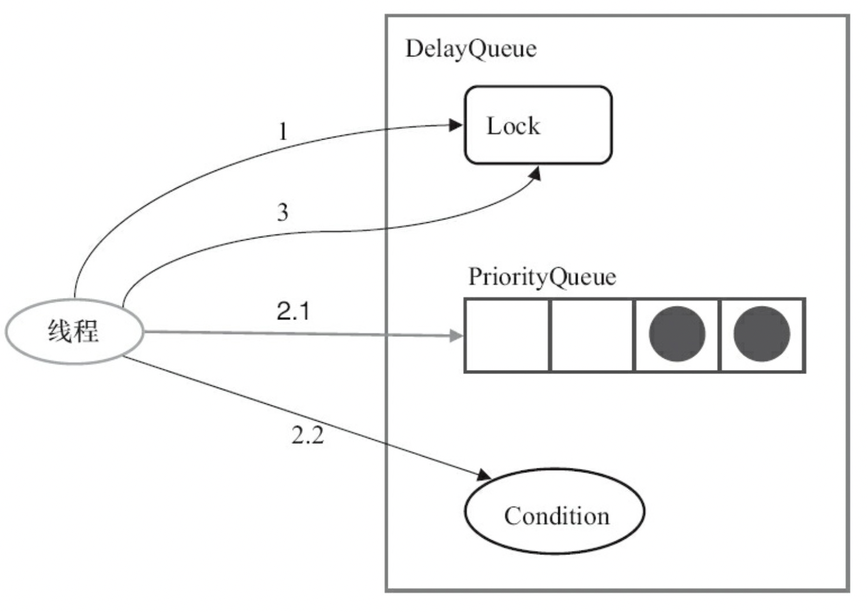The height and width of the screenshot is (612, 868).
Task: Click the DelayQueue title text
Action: point(471,50)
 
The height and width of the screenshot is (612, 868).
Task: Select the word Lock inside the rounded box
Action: point(513,126)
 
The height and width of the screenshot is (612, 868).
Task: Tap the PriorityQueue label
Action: point(542,277)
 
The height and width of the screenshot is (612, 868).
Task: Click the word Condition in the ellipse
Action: point(557,516)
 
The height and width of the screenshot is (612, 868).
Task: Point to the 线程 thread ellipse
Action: point(75,332)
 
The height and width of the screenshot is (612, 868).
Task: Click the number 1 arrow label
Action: point(284,131)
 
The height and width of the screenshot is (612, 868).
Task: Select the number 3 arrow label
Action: point(283,212)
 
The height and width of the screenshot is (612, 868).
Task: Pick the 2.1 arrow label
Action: point(293,311)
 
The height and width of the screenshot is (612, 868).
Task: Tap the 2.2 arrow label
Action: point(308,435)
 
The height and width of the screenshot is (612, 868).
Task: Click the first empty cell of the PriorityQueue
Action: point(507,336)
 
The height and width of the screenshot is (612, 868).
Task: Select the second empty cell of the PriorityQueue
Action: point(591,336)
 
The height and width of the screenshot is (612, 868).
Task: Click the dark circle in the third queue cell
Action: point(677,334)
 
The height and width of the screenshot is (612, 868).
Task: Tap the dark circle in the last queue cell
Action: point(762,334)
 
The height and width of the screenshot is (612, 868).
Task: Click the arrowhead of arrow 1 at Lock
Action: point(456,125)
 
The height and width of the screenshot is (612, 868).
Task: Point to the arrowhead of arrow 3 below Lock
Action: point(535,174)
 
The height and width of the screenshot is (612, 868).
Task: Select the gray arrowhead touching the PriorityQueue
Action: point(456,336)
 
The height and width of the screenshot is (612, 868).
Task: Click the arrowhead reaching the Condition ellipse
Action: point(484,475)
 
